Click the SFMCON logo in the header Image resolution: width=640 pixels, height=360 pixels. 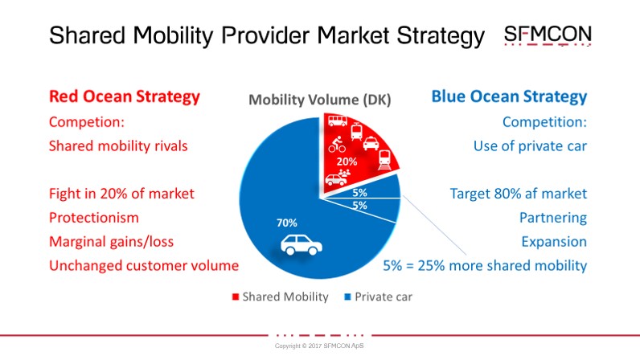[x=548, y=35]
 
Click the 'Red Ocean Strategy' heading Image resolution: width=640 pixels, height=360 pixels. [x=125, y=97]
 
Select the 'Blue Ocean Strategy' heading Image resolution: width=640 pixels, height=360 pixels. [x=509, y=97]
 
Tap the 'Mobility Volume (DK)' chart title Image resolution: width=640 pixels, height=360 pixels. [x=319, y=100]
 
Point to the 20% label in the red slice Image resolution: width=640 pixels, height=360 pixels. [x=347, y=162]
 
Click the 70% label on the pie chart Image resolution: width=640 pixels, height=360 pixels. [x=287, y=223]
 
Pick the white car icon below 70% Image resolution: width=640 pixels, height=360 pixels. [x=302, y=245]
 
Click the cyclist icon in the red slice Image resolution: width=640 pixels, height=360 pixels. [x=337, y=144]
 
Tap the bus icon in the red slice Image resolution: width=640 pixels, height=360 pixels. [x=338, y=121]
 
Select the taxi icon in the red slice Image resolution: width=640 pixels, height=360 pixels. [x=371, y=144]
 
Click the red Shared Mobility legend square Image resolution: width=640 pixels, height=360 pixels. [x=236, y=297]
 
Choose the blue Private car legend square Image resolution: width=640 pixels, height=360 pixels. [x=348, y=297]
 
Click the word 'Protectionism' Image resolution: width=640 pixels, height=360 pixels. [x=94, y=218]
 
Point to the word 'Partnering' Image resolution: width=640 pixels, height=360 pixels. [x=553, y=218]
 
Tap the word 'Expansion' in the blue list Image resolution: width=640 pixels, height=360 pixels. [x=554, y=242]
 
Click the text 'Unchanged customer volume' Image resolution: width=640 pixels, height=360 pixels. [x=144, y=266]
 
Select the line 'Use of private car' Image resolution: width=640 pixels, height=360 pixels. [x=530, y=146]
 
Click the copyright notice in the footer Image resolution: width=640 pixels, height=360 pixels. [x=319, y=346]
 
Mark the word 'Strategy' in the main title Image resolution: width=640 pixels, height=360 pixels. [x=441, y=36]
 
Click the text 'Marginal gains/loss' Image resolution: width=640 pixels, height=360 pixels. [x=112, y=242]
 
